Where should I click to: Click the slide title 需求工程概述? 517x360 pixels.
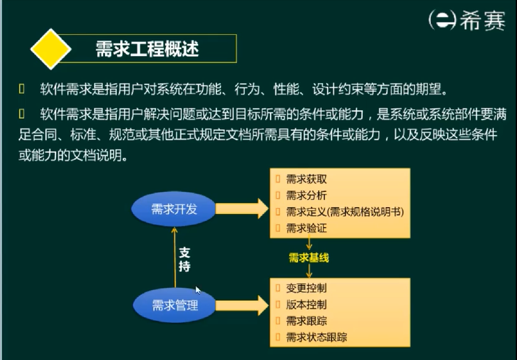point(147,48)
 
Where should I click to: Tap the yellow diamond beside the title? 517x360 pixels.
point(51,48)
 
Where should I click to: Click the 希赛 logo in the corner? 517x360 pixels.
point(466,20)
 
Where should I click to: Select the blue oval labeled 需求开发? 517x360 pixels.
point(174,209)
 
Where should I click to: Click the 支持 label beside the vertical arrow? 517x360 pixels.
point(184,259)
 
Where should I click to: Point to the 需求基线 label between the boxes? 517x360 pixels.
point(308,258)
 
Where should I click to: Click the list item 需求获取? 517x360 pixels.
point(306,179)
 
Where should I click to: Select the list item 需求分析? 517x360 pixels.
point(306,196)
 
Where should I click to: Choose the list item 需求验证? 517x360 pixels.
point(306,228)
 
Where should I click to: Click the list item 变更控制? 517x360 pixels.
point(306,288)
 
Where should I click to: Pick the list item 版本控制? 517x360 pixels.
point(306,305)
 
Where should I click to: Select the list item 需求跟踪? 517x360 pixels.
point(306,321)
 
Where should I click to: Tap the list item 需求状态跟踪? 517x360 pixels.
point(316,337)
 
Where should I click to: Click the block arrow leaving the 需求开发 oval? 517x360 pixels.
point(242,208)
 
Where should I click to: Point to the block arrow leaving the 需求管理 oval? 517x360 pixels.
point(242,305)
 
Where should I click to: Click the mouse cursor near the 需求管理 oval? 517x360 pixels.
point(197,290)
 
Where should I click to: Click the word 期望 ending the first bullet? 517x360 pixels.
point(437,87)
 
